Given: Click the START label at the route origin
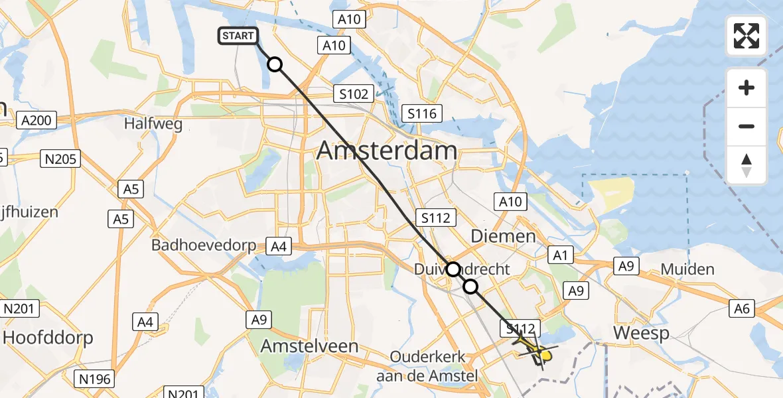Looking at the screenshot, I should (238, 36).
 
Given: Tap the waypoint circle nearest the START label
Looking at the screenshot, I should (274, 64).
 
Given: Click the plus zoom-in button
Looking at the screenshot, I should (747, 88).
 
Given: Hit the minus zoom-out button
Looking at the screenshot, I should (747, 126).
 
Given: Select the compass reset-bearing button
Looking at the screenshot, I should (747, 165).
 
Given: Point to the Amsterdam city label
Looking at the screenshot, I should (387, 151).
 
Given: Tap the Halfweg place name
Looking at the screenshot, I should (153, 123).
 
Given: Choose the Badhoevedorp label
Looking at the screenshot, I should (204, 245).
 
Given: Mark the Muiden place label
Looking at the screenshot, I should (687, 269).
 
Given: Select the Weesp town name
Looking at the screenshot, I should (641, 333).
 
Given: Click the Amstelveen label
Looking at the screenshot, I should (309, 346).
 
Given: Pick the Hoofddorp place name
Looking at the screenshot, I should (47, 338).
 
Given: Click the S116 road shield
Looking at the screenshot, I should (422, 113).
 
